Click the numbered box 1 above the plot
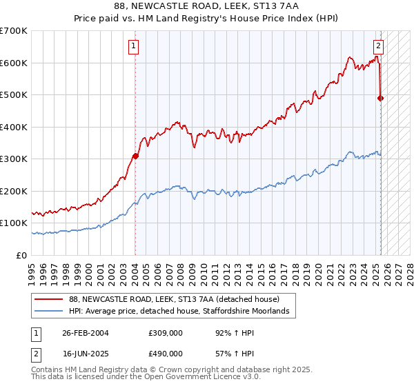pyautogui.click(x=133, y=47)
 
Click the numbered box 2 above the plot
pyautogui.click(x=379, y=47)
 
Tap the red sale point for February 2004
pyautogui.click(x=135, y=156)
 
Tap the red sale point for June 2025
pyautogui.click(x=381, y=98)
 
